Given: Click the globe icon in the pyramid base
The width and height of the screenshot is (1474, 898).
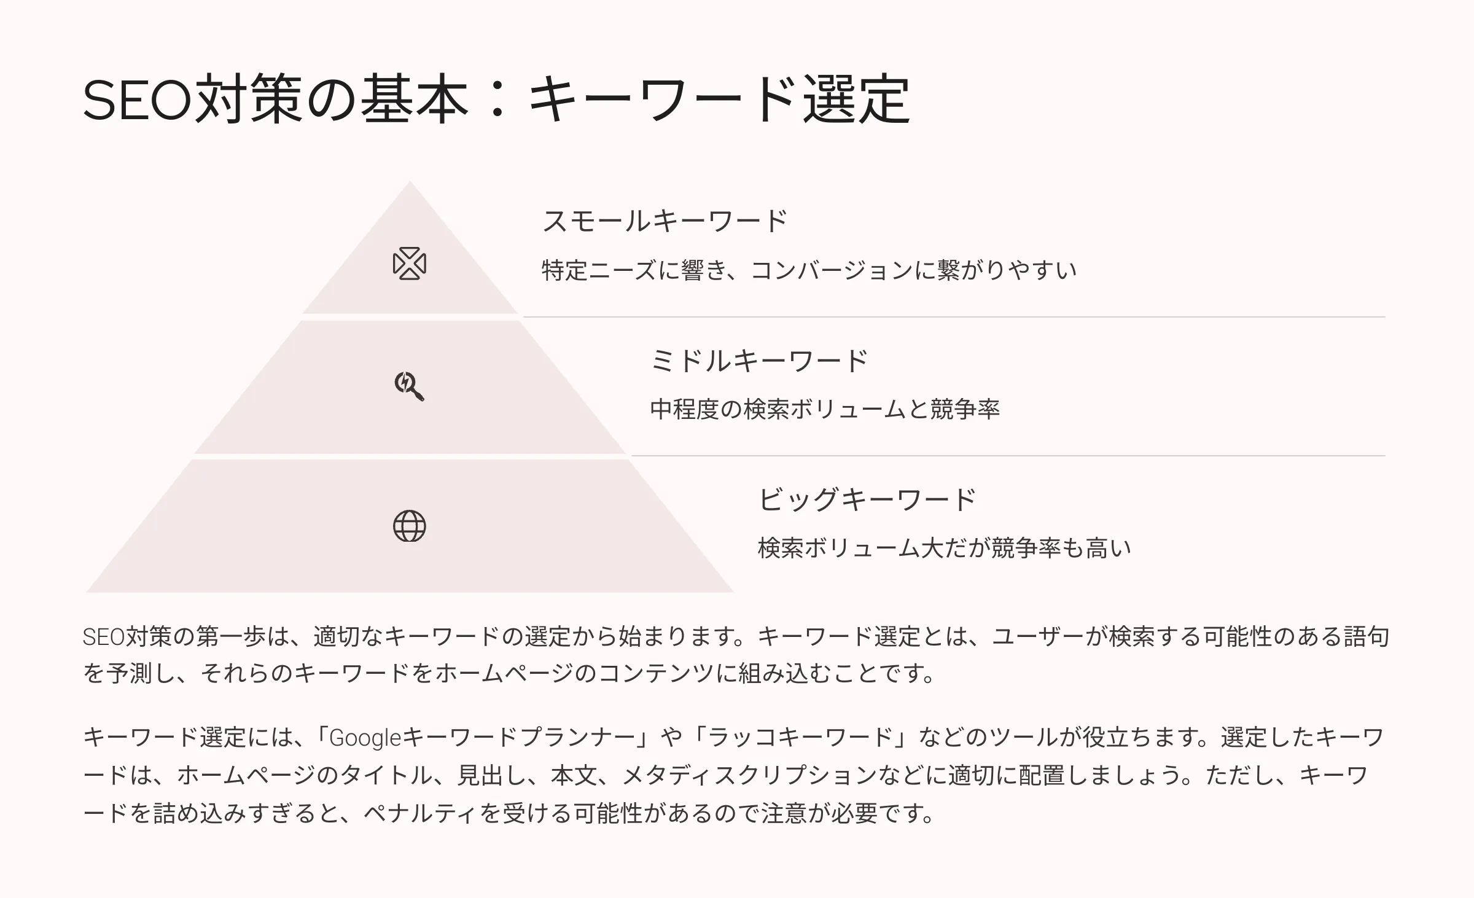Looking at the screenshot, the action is coord(409,526).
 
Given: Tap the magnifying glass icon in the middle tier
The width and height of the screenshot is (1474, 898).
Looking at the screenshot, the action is coord(409,386).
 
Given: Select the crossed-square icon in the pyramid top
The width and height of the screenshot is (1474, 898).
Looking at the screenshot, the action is coord(409,264).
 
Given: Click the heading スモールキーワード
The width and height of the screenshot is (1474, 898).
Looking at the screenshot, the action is coord(665,221).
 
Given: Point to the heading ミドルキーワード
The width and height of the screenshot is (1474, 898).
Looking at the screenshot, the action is coord(759,361).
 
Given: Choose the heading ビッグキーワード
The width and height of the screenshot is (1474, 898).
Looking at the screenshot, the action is coord(867,499).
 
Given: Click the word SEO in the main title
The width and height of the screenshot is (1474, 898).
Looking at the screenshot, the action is coord(138,100).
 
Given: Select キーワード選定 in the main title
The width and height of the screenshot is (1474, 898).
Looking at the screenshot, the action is coord(719,100).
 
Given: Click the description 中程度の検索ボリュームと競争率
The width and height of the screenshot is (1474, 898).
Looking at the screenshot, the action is coord(825,409).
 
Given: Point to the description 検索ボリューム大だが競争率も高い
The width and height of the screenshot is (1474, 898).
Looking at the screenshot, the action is coord(945,548).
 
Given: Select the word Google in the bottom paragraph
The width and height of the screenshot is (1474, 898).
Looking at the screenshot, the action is coord(365,738).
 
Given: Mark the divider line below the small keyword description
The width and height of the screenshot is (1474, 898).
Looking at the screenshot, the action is coord(954,317).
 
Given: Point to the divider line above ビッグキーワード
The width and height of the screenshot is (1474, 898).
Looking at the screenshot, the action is coord(1008,456).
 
